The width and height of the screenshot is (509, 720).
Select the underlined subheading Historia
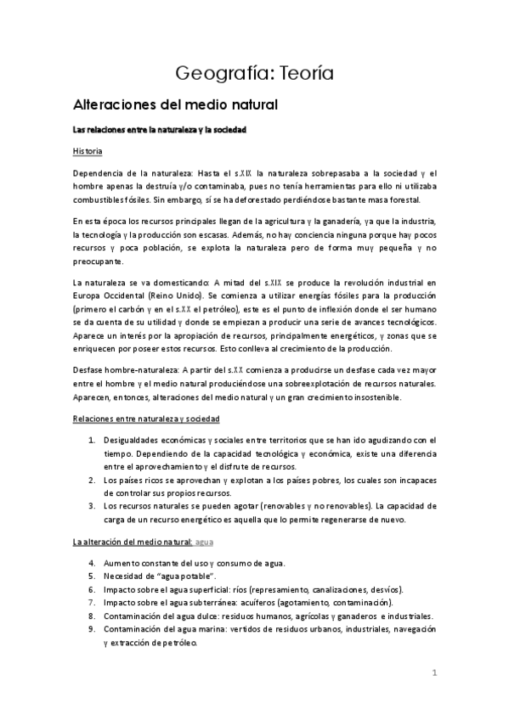pyautogui.click(x=88, y=151)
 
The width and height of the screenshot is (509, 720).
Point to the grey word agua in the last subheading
pyautogui.click(x=204, y=541)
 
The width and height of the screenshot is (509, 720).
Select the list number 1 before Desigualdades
pyautogui.click(x=92, y=440)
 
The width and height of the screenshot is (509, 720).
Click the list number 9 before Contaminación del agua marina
pyautogui.click(x=92, y=629)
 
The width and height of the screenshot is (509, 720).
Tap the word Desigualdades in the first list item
pyautogui.click(x=134, y=440)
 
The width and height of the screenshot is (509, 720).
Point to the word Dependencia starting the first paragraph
pyautogui.click(x=100, y=173)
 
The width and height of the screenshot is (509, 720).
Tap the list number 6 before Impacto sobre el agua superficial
pyautogui.click(x=92, y=589)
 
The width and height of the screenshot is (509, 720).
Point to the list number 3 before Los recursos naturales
pyautogui.click(x=92, y=506)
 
